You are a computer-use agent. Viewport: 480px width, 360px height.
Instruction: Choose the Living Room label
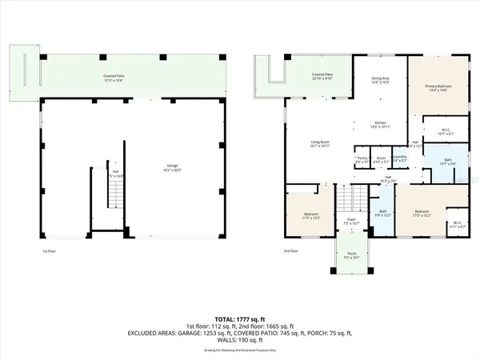tap(320, 145)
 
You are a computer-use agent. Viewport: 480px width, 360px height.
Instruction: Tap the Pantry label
tap(362, 159)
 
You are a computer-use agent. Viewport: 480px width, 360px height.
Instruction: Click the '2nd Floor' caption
tap(291, 250)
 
